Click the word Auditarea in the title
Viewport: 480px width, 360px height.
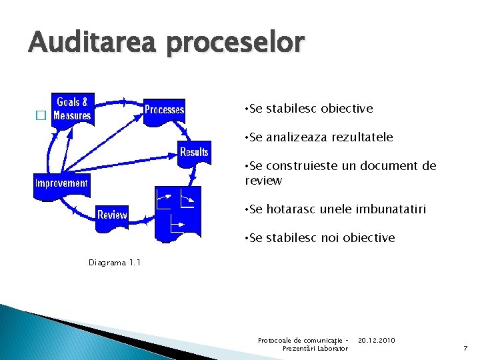[x=93, y=43]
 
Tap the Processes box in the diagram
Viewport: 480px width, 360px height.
[x=165, y=109]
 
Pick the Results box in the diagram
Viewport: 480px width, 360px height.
[x=194, y=152]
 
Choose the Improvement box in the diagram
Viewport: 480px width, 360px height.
[x=61, y=183]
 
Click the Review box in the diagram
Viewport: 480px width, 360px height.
[x=112, y=215]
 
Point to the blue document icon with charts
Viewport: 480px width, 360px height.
[x=177, y=212]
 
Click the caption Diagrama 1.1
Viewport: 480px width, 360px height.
[x=115, y=263]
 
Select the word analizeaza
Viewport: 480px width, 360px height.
[x=299, y=137]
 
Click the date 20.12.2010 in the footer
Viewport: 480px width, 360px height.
[x=376, y=341]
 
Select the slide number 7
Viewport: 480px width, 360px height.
[x=465, y=349]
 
